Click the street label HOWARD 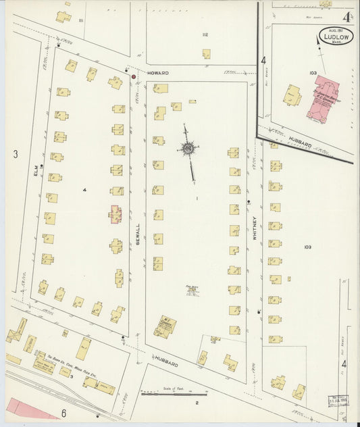[159, 72]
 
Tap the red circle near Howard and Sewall [134, 77]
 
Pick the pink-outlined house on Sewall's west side [115, 214]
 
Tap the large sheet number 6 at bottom [64, 413]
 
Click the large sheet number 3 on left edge [15, 154]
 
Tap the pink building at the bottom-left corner [30, 408]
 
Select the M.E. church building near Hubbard [164, 327]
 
